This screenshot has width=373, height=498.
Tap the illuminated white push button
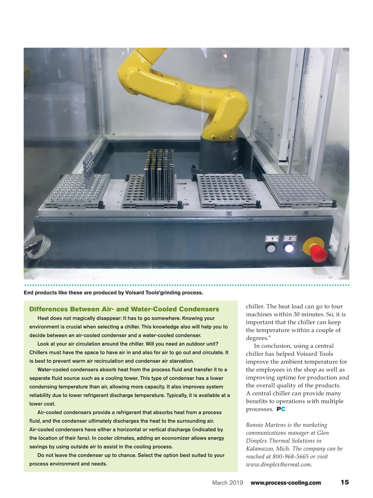pyautogui.click(x=289, y=249)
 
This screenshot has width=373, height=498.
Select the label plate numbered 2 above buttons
pyautogui.click(x=290, y=238)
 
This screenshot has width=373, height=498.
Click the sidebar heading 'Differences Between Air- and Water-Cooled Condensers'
pyautogui.click(x=124, y=309)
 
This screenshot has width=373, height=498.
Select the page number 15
pyautogui.click(x=344, y=482)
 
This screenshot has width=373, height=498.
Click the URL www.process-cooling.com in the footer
pyautogui.click(x=286, y=483)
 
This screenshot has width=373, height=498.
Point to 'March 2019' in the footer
pyautogui.click(x=228, y=483)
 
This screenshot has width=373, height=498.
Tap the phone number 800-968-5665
pyautogui.click(x=291, y=457)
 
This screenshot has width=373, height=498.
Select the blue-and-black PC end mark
pyautogui.click(x=281, y=409)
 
